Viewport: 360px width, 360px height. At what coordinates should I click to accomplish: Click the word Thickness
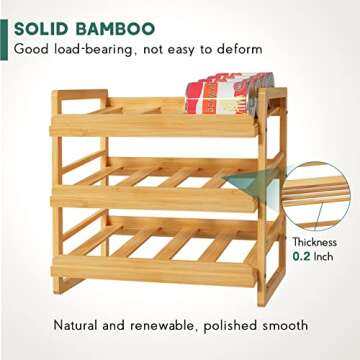[x=314, y=242]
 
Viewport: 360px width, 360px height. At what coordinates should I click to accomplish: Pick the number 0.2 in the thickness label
[x=301, y=257]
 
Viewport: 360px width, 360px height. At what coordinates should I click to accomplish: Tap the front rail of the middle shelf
[x=150, y=198]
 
